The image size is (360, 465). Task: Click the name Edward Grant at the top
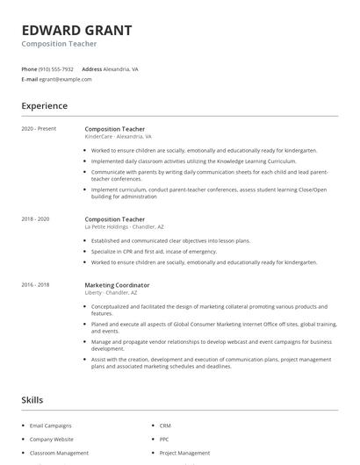(77, 30)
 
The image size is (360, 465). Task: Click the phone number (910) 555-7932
(56, 68)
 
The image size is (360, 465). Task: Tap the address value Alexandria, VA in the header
(121, 68)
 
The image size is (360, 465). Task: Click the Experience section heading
(44, 106)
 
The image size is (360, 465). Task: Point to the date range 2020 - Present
(39, 129)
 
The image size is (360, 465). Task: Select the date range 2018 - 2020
(35, 218)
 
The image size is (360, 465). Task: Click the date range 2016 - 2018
(35, 284)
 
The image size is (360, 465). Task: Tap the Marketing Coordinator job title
(117, 284)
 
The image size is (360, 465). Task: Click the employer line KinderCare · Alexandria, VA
(118, 137)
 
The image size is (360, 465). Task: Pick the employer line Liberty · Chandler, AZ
(112, 292)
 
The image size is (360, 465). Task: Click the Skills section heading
(32, 400)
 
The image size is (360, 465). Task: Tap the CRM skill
(165, 425)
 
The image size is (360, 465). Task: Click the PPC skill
(164, 439)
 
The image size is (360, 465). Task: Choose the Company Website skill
(52, 439)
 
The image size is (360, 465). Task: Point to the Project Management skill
(184, 453)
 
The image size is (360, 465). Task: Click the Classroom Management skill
(59, 453)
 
